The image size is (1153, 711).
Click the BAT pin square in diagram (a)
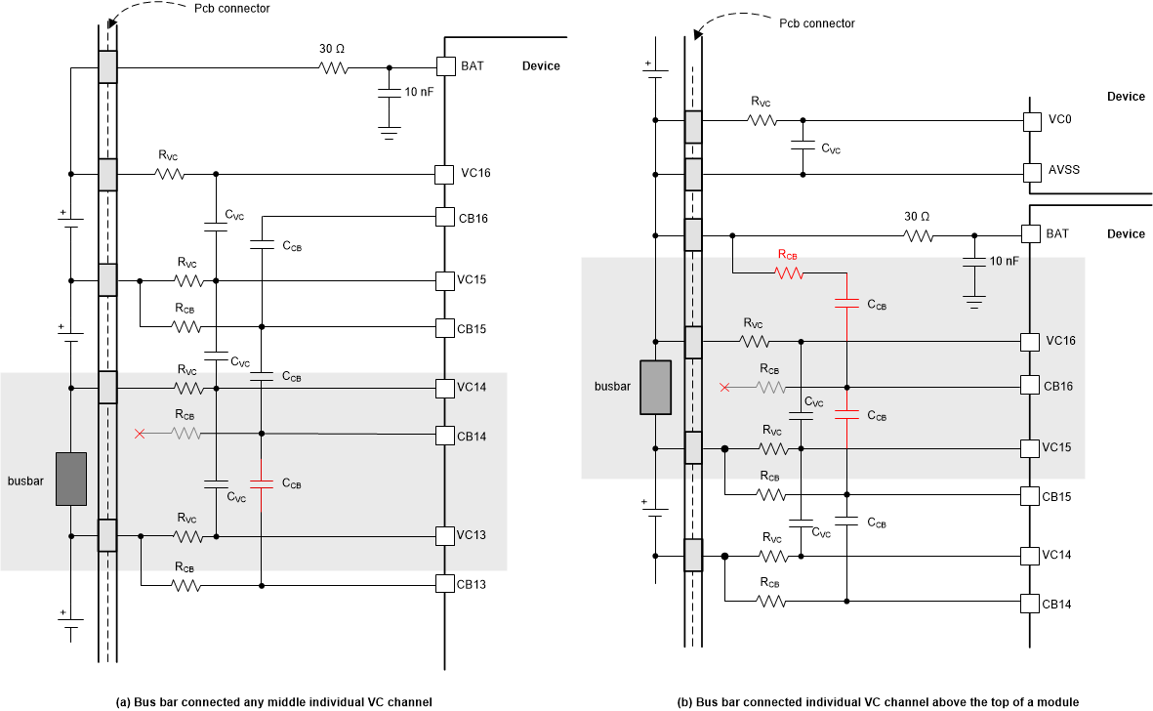pos(445,67)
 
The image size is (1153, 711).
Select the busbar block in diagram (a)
pos(71,479)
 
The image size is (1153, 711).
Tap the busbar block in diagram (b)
pos(654,388)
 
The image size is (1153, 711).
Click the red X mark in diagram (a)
pos(140,433)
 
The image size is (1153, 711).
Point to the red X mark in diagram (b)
pos(723,388)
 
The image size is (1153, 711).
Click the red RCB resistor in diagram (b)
pos(789,274)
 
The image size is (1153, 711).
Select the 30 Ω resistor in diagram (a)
pos(333,67)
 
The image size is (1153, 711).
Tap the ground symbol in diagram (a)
pos(390,132)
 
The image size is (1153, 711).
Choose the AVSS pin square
pos(1031,173)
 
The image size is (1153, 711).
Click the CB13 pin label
pos(474,584)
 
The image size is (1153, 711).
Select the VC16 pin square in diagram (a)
pos(445,174)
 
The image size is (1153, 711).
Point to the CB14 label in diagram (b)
pos(1057,604)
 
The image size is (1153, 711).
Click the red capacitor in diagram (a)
pos(262,481)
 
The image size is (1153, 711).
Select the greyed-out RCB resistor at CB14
pos(186,433)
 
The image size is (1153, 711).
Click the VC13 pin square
pos(445,535)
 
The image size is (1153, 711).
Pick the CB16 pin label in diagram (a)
pos(474,217)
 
